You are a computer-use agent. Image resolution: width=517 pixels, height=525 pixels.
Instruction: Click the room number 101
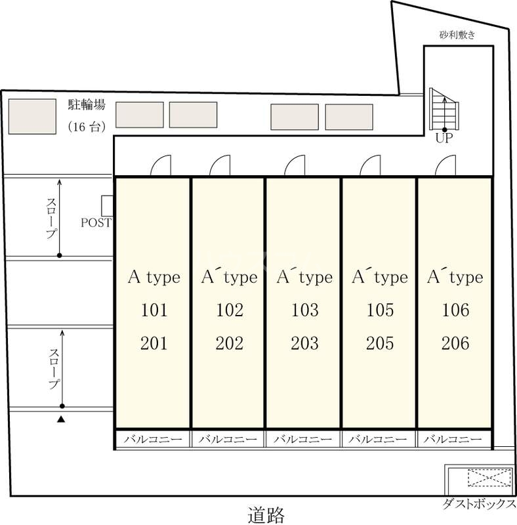(154, 310)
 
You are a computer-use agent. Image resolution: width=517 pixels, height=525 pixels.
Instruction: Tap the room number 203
(304, 343)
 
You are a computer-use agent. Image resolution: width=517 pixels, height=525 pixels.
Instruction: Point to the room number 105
(380, 310)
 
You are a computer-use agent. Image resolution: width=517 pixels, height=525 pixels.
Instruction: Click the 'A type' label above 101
(154, 278)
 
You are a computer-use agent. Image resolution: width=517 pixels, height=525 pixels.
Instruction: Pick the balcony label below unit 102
(228, 439)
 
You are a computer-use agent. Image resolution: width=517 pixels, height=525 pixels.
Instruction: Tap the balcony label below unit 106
(453, 439)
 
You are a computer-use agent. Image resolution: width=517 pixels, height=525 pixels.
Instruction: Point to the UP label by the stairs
(444, 138)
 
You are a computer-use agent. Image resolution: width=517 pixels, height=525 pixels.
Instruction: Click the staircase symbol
(444, 109)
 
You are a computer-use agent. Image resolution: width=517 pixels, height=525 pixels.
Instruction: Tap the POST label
(96, 222)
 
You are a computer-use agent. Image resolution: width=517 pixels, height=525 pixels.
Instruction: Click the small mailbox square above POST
(107, 206)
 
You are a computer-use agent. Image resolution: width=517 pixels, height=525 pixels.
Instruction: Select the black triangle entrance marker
(60, 419)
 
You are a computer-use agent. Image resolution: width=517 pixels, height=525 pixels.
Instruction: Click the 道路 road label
(266, 515)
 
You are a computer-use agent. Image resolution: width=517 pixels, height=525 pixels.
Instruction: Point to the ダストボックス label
(479, 503)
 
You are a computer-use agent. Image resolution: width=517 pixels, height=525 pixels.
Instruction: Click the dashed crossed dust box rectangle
(489, 478)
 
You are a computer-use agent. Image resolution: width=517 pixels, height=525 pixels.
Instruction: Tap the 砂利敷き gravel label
(457, 35)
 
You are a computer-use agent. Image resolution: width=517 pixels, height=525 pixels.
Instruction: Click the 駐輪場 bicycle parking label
(87, 104)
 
